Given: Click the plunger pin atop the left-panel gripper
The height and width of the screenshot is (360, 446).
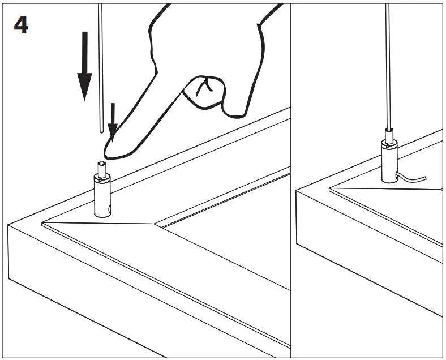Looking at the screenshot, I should [x=102, y=168].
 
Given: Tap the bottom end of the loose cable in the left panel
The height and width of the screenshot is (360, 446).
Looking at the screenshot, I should [x=101, y=130].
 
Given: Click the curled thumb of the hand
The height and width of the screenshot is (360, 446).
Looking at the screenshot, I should [x=204, y=91].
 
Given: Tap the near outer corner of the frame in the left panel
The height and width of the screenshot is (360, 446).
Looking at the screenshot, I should [x=8, y=225].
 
